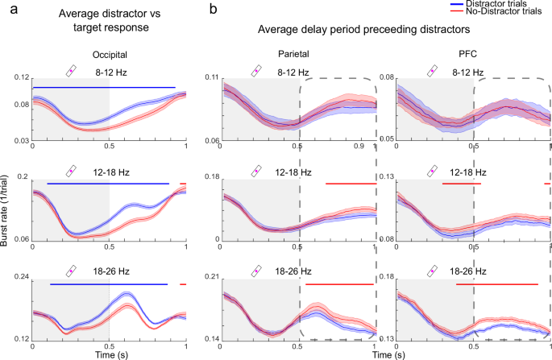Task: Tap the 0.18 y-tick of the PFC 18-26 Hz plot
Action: point(386,276)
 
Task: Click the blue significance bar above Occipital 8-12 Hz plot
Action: point(103,86)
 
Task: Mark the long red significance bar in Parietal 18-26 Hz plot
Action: point(339,284)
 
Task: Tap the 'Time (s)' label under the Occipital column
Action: point(108,354)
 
